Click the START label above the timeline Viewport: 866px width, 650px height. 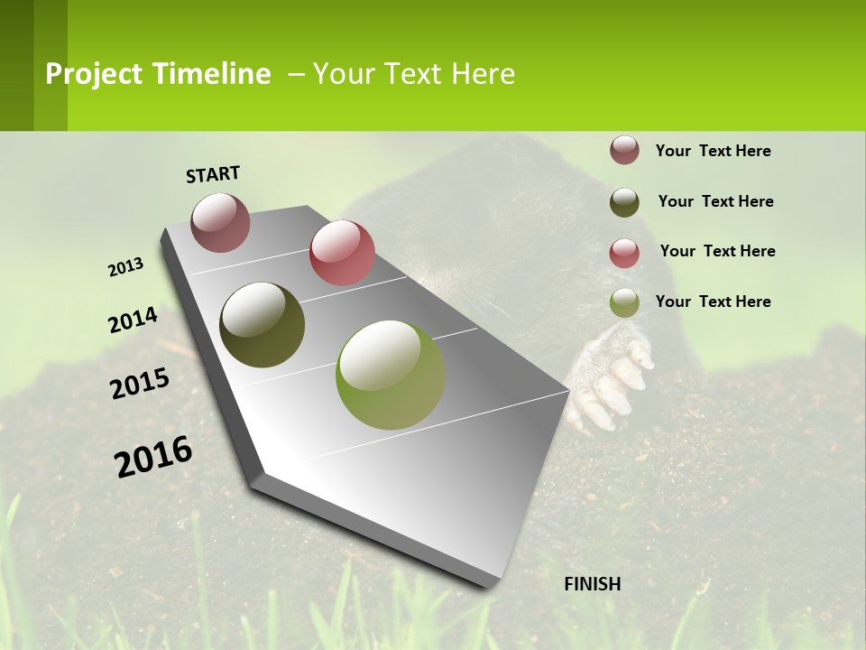coord(213,174)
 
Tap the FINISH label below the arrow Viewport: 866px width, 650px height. coord(593,584)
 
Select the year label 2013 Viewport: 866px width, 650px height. coord(126,267)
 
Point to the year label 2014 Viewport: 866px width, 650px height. coord(134,320)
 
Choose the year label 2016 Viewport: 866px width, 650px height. coord(153,456)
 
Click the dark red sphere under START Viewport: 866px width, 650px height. coord(221,222)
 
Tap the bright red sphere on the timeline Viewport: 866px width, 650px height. coord(342,253)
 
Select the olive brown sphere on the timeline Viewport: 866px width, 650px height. coord(263,325)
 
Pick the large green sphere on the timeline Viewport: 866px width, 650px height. coord(390,375)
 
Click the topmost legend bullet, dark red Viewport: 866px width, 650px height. coord(624,150)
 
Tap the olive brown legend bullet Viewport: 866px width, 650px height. coord(624,202)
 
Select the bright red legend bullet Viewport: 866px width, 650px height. coord(624,253)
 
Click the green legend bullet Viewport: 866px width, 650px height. coord(624,302)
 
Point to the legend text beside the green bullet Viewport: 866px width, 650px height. coord(713,302)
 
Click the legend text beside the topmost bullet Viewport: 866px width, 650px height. coord(713,151)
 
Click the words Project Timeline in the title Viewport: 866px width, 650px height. coord(158,74)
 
